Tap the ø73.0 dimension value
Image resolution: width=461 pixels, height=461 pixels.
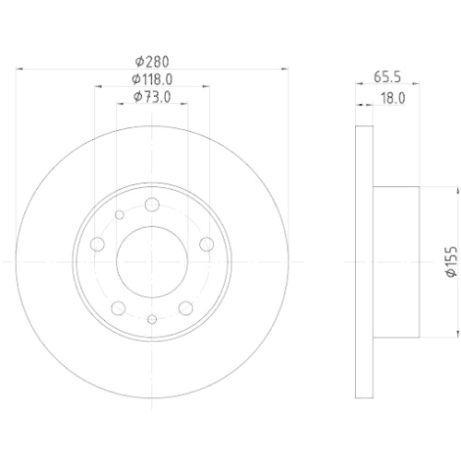pos(152,96)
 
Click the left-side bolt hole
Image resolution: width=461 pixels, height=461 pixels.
pos(99,243)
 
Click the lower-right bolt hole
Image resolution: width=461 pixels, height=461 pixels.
pos(185,307)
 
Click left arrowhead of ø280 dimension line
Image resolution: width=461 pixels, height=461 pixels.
pos(21,69)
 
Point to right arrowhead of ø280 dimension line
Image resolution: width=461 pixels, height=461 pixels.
pos(283,69)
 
